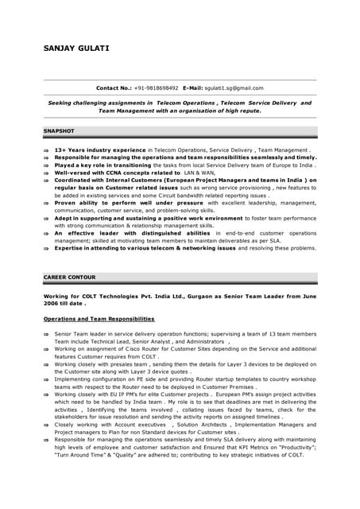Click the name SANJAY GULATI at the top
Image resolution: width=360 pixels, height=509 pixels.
76,48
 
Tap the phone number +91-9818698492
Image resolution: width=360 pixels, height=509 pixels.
156,88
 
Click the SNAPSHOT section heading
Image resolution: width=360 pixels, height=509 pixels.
60,130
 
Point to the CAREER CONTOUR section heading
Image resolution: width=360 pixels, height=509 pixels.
69,278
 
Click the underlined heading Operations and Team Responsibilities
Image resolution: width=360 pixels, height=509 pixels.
99,319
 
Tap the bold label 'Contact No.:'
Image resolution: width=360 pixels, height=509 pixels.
114,88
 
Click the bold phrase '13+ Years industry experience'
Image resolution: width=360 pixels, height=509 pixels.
100,150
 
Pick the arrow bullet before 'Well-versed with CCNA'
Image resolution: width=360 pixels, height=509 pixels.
47,173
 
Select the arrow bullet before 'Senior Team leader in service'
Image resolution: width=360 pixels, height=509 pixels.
47,334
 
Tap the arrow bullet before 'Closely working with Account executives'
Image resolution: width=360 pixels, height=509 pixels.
47,425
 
